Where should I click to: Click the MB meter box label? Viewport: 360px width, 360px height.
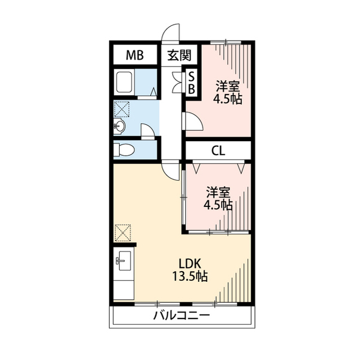[x=135, y=55]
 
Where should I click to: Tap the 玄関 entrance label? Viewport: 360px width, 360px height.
[x=179, y=55]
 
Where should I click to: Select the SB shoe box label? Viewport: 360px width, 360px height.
[x=191, y=83]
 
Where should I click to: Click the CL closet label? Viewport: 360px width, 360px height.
[x=218, y=151]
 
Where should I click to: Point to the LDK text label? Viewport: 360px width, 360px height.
[x=190, y=264]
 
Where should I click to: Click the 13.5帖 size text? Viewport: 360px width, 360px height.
[x=190, y=276]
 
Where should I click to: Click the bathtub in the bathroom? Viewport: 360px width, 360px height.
[x=124, y=82]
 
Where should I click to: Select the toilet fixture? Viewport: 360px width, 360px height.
[x=124, y=150]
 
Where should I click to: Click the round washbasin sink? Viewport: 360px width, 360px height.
[x=119, y=126]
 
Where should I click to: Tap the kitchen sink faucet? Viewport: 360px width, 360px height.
[x=120, y=261]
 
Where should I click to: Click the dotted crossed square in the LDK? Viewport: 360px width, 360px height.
[x=123, y=233]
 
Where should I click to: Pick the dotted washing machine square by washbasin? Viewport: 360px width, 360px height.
[x=121, y=109]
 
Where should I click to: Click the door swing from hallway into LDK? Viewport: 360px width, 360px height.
[x=170, y=172]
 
